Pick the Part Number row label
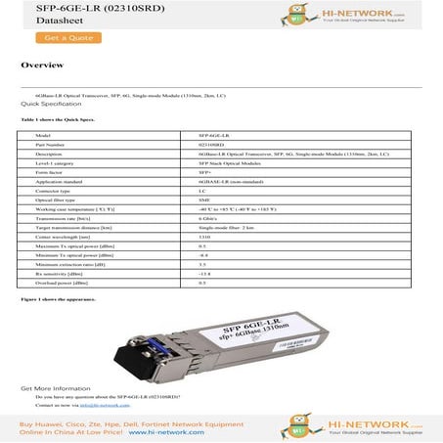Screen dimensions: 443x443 click(50, 144)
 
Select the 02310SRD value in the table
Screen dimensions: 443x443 click(211, 144)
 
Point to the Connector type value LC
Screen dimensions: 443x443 click(201, 191)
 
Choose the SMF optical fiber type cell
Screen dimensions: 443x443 click(203, 199)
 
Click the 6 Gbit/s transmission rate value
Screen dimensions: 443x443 click(209, 218)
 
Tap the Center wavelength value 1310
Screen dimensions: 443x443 click(203, 237)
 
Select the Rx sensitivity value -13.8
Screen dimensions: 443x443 click(204, 274)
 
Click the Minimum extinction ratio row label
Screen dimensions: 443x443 click(66, 264)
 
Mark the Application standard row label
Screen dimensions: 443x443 click(60, 181)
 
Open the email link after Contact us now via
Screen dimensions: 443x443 click(108, 404)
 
